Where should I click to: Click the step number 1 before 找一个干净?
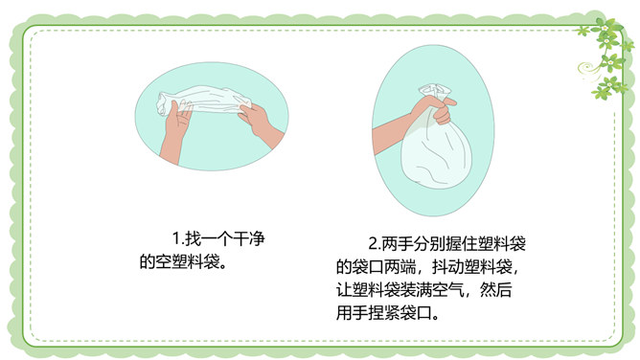pos(176,238)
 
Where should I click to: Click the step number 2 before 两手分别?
pos(374,243)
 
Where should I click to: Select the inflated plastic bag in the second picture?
pos(436,143)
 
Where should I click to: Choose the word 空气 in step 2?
pos(447,290)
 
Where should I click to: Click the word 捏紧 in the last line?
pos(383,313)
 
